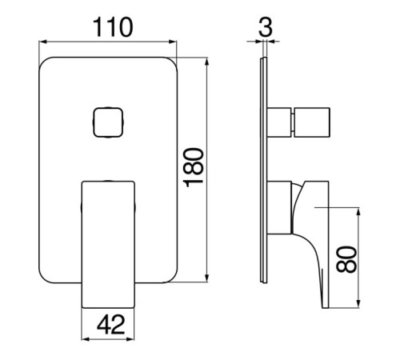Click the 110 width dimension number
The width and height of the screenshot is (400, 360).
113,27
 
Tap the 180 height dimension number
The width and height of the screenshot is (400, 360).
194,167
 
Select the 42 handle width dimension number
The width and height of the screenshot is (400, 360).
111,324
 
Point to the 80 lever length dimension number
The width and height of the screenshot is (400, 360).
346,259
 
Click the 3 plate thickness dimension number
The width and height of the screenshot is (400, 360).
266,26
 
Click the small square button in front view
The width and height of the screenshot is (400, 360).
108,122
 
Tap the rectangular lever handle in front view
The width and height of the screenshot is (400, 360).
108,245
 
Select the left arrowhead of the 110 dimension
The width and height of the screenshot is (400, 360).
42,42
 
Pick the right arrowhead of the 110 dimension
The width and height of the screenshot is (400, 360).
173,42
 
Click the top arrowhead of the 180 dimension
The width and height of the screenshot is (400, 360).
207,62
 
